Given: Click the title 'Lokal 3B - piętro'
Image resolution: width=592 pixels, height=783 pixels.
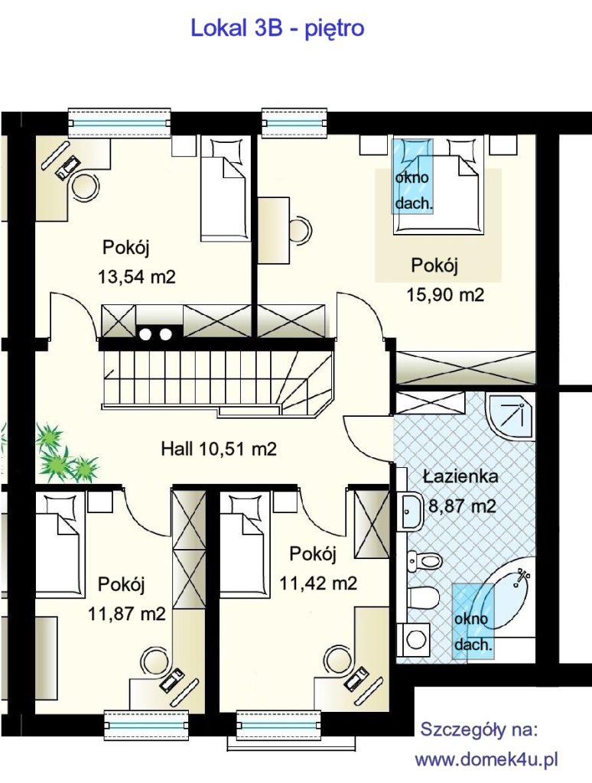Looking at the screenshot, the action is [278, 28].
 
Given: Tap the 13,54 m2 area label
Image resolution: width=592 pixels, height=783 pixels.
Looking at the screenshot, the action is [137, 277].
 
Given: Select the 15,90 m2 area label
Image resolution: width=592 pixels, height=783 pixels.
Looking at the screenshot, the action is [445, 294].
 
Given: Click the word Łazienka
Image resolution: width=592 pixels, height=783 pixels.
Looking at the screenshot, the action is [460, 476].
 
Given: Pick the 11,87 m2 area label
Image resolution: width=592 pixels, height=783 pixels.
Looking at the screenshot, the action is [126, 613].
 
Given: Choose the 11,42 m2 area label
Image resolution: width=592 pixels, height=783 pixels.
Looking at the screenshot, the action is [318, 583].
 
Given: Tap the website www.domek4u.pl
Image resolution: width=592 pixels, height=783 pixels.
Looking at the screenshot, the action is [486, 760].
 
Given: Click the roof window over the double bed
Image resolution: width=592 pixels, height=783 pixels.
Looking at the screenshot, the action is [412, 177].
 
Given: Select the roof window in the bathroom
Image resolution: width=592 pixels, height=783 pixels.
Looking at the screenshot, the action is [473, 621].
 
